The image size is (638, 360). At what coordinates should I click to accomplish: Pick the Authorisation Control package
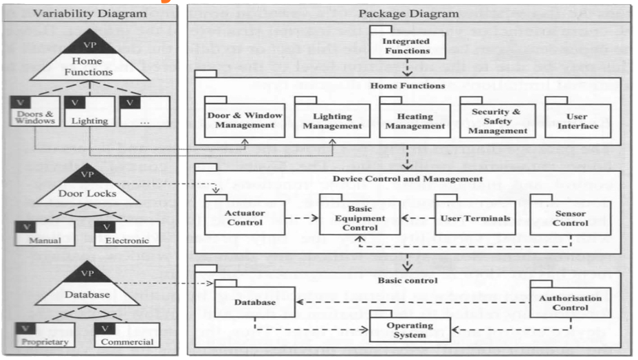(x=569, y=303)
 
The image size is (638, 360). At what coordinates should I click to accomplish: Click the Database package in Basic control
(x=254, y=302)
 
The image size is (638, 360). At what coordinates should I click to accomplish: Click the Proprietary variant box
(x=38, y=335)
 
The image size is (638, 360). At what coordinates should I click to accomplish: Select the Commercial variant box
(x=126, y=335)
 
